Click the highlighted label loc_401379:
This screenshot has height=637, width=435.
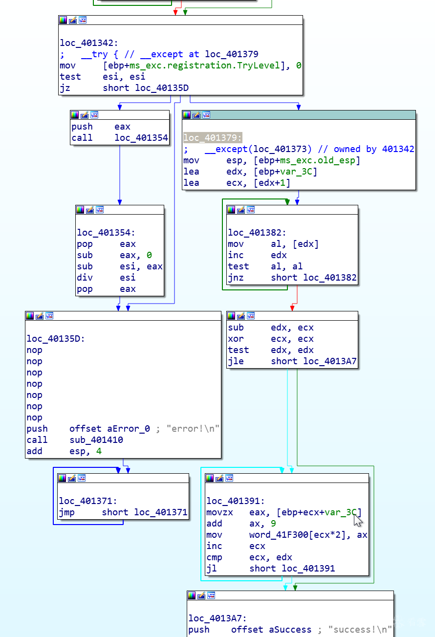(x=213, y=138)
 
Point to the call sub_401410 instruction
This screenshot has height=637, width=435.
(x=75, y=440)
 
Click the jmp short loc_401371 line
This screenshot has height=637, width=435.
(x=123, y=512)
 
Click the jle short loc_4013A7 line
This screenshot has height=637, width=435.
(x=292, y=362)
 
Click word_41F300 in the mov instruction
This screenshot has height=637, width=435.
(x=277, y=535)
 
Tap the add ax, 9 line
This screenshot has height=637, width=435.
(x=241, y=524)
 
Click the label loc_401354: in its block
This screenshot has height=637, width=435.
(x=106, y=233)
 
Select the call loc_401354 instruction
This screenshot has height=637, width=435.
(x=119, y=138)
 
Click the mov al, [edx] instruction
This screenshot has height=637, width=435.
(x=273, y=244)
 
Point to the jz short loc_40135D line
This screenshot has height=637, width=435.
(x=124, y=88)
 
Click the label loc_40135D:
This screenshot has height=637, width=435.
(x=56, y=339)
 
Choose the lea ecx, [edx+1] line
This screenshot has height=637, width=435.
(x=237, y=183)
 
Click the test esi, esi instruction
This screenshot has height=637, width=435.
(x=102, y=77)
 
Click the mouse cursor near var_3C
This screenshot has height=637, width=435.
(x=358, y=519)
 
